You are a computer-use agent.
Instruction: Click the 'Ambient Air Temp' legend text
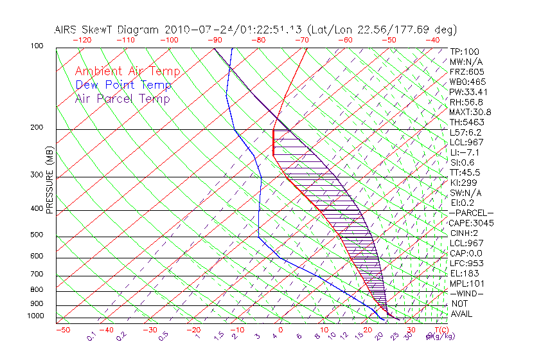(x=127, y=72)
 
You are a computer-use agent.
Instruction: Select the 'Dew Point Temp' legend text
(x=123, y=85)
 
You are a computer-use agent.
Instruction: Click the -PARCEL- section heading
(x=472, y=213)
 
